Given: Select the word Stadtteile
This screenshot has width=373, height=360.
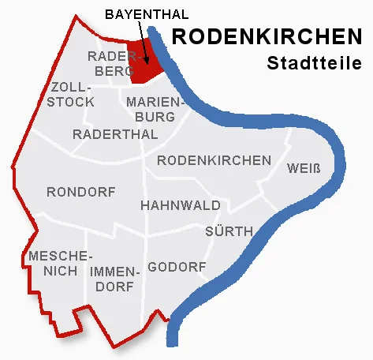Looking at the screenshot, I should point(308,62).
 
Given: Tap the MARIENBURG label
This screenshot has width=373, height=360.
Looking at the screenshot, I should point(155,109).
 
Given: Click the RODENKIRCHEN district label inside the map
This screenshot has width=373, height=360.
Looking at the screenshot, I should point(214,160).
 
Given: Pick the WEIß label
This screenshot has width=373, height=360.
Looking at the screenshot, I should point(304,169).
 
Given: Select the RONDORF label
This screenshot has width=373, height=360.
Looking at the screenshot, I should point(81,192).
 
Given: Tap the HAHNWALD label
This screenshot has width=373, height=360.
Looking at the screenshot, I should point(181,205).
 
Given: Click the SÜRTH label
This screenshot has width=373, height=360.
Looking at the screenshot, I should point(229,231).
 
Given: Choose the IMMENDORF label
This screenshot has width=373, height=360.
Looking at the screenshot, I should point(115,279).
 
